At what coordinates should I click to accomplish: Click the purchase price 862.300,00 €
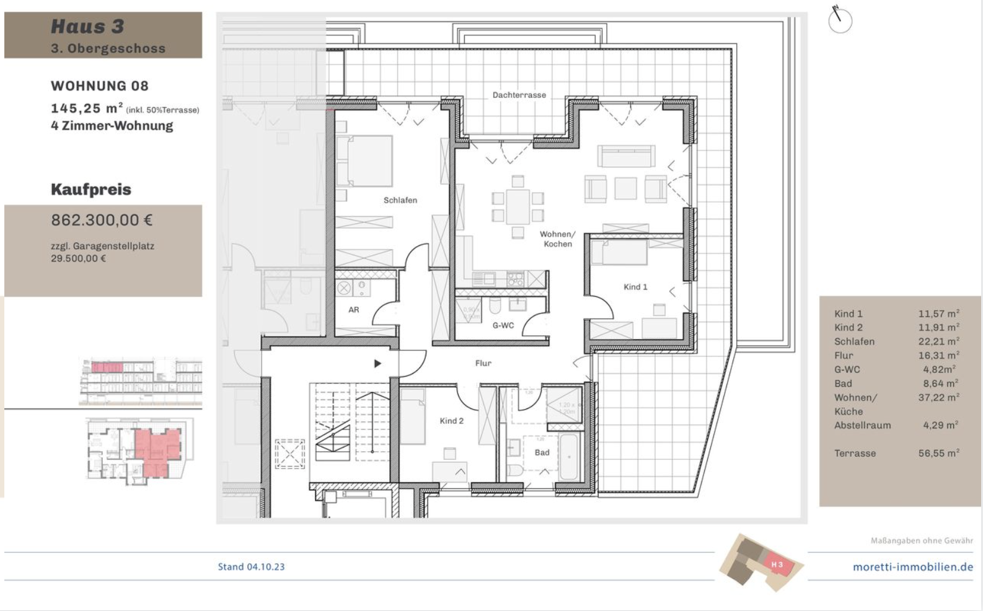102,220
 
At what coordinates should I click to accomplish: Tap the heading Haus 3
87,27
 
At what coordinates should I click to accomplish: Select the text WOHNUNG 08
100,86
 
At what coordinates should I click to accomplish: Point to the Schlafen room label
400,200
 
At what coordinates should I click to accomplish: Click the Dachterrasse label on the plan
519,95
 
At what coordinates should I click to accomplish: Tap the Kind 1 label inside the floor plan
635,287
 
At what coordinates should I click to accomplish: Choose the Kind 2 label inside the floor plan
451,421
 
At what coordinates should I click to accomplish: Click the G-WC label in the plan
503,325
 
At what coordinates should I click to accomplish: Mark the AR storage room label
353,310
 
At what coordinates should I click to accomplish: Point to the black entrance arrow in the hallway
377,364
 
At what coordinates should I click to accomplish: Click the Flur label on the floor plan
483,363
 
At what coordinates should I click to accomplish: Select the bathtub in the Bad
568,457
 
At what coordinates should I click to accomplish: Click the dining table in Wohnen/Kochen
518,207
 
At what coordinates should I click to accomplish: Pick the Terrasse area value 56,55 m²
938,453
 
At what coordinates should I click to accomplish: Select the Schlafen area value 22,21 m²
938,341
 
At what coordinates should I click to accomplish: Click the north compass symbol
840,20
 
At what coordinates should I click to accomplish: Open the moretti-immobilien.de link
912,567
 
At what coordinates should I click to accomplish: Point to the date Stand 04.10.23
251,566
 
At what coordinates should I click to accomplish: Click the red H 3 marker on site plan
777,565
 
